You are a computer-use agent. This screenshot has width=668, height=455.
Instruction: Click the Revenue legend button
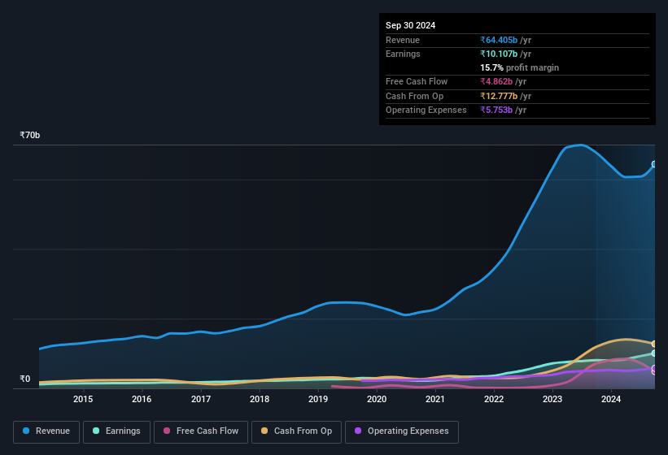point(46,431)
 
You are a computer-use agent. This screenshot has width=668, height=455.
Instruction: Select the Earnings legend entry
point(116,431)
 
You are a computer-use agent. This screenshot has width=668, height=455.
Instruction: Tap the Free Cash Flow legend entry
point(201,431)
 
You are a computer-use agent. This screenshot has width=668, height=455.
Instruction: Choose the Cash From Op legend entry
point(295,431)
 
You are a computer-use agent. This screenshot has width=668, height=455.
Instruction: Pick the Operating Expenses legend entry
point(402,431)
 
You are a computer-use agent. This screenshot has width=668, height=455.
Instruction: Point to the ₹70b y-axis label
point(30,136)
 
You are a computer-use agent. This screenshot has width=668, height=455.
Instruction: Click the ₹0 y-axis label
point(24,379)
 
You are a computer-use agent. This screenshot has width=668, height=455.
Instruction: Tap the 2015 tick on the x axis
point(82,399)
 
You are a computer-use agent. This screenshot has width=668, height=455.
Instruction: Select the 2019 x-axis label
point(317,399)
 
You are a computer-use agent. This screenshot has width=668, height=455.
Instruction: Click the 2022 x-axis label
point(494,399)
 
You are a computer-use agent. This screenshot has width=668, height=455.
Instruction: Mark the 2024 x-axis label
point(611,399)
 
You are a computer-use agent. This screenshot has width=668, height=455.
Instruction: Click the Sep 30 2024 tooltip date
point(410,25)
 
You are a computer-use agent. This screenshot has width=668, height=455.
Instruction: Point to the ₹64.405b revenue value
point(505,40)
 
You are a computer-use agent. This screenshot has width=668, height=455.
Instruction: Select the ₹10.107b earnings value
point(505,54)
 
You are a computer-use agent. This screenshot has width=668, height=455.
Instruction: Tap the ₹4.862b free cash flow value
point(503,82)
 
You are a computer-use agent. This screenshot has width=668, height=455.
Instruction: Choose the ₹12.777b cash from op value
point(505,96)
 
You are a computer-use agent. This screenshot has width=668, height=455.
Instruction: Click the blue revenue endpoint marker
point(654,164)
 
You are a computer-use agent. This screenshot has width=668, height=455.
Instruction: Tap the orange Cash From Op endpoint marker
point(654,344)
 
